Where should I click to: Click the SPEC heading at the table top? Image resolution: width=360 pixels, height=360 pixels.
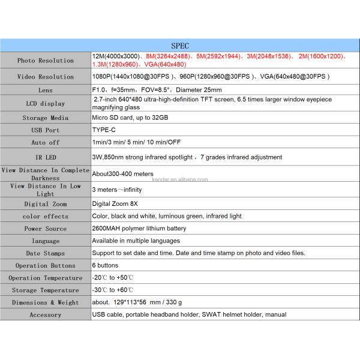click(179, 45)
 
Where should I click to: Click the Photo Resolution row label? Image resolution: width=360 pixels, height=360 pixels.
click(46, 61)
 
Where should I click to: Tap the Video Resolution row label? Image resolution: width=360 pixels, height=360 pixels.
click(46, 77)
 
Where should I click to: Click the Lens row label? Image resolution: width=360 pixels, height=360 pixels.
click(46, 90)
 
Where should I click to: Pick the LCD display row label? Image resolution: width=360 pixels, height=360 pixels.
click(46, 103)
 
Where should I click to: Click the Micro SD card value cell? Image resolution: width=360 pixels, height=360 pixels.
click(130, 118)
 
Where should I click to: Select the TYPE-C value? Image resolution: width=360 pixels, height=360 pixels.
click(104, 130)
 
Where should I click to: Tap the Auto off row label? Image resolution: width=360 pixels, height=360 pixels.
click(46, 143)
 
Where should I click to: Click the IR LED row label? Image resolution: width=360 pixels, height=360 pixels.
click(46, 157)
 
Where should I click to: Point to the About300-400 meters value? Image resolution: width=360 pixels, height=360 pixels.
click(123, 174)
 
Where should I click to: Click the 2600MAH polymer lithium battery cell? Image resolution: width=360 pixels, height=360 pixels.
click(139, 229)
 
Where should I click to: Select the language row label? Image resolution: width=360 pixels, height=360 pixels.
click(46, 241)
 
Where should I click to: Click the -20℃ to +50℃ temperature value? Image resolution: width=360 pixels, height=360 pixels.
click(113, 278)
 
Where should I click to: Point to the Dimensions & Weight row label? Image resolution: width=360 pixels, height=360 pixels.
click(46, 303)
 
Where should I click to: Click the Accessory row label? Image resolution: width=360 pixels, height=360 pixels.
click(46, 315)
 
